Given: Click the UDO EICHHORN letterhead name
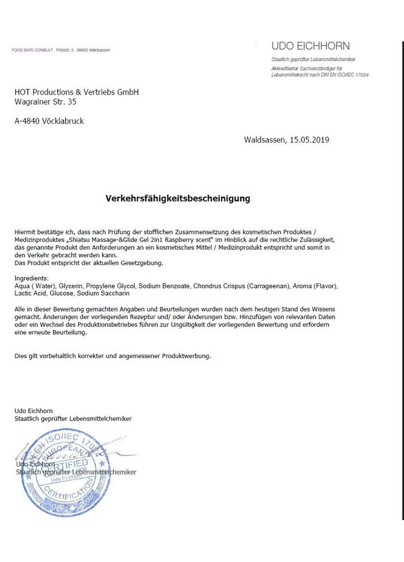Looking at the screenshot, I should tap(311, 46).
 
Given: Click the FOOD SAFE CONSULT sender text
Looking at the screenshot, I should tap(33, 50).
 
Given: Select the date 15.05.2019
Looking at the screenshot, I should tap(309, 139).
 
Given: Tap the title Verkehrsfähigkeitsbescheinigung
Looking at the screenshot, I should tap(178, 199).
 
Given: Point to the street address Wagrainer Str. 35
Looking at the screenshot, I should tap(45, 102).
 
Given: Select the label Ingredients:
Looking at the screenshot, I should tap(32, 279).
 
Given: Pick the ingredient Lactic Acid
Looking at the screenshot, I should tap(30, 293).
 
